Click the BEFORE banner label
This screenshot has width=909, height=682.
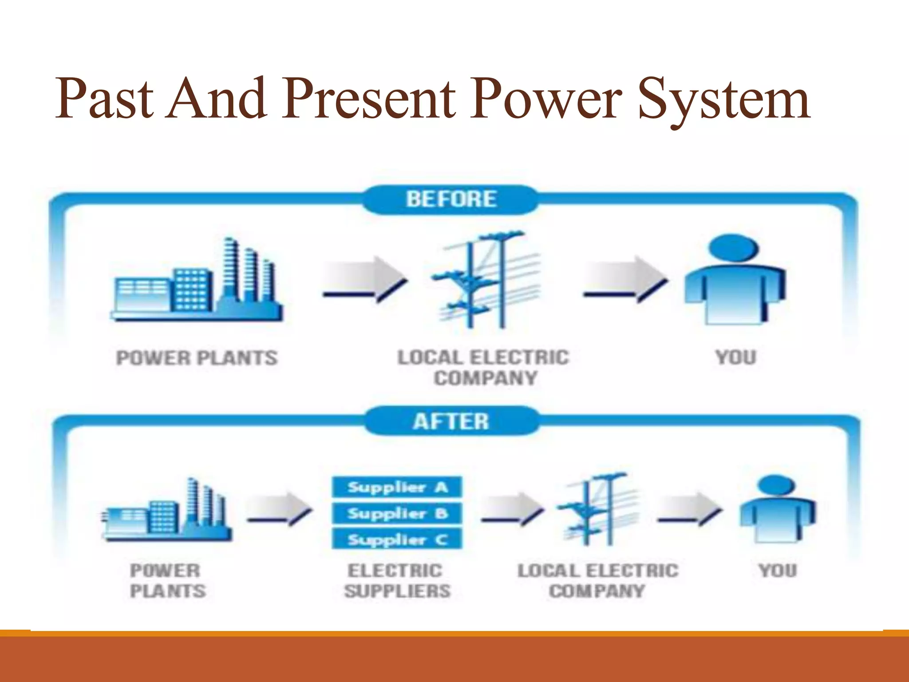point(451,199)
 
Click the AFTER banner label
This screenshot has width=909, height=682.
point(451,421)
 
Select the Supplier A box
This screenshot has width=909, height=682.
point(397,488)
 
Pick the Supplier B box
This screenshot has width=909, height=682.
point(397,514)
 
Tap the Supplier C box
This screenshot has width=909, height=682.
point(397,540)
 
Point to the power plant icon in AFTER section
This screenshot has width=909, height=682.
point(166,513)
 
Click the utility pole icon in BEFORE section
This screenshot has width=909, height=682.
point(486,282)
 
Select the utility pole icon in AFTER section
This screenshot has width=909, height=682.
point(597,511)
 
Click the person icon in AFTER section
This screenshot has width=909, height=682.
point(777,511)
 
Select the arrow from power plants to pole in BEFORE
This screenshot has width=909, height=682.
point(365,280)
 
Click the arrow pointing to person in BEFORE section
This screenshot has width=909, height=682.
point(625,280)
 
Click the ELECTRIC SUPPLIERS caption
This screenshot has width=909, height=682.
point(397,581)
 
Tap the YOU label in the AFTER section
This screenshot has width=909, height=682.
point(778,571)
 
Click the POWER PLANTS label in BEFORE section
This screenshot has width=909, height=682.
point(197,358)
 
